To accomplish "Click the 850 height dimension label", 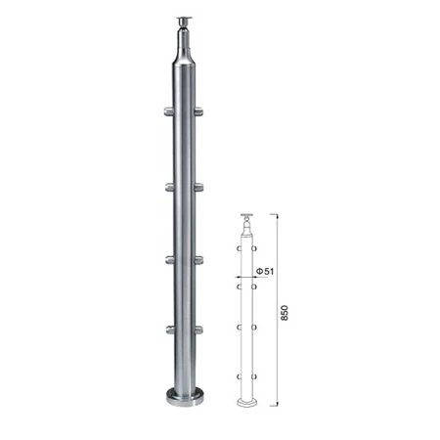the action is click(x=285, y=313).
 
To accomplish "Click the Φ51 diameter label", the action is click(x=265, y=271).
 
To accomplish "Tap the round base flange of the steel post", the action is click(x=185, y=397).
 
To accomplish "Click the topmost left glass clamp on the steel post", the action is click(x=168, y=111).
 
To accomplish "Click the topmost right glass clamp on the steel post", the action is click(x=198, y=111).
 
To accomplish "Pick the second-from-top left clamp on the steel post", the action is click(x=169, y=188).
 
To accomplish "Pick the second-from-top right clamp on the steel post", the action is click(x=198, y=188).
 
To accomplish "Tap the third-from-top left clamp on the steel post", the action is click(x=169, y=260).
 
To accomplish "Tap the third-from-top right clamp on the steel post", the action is click(x=198, y=260).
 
